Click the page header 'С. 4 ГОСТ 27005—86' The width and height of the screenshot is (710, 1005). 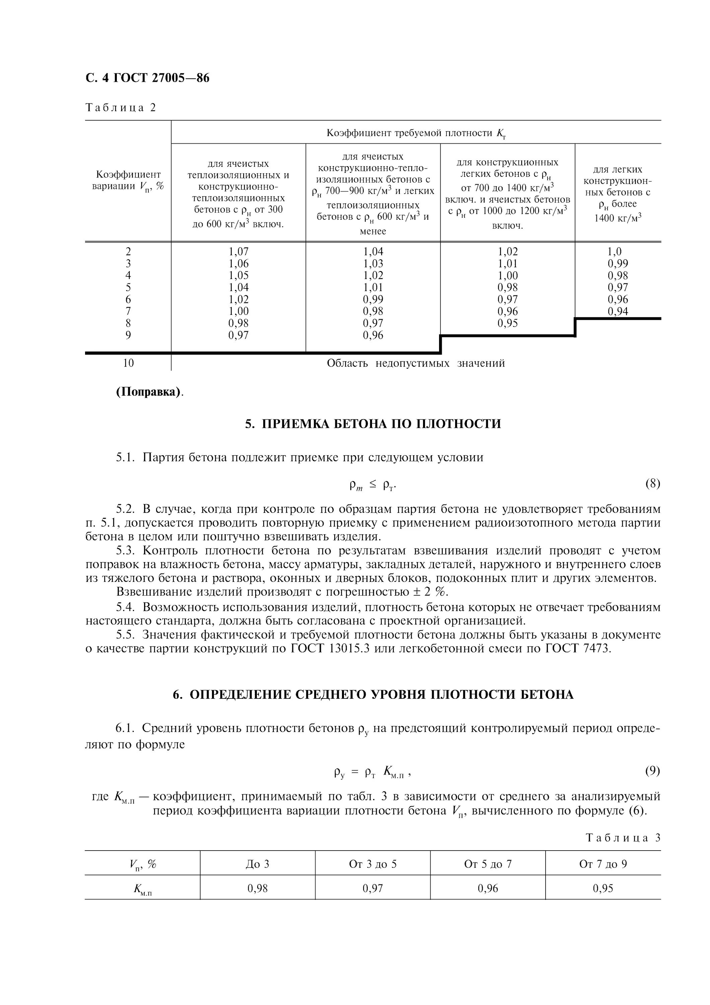(x=147, y=78)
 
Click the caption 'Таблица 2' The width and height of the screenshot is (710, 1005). (x=121, y=108)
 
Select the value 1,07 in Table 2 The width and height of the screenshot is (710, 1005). (x=238, y=252)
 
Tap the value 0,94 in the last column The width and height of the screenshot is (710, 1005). (x=618, y=311)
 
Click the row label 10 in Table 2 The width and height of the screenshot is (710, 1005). (x=128, y=363)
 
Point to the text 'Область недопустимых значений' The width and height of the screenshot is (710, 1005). (x=416, y=363)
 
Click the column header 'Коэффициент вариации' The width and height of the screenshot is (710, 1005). (x=128, y=180)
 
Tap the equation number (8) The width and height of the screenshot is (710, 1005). (x=652, y=484)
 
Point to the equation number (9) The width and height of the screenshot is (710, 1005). (x=652, y=771)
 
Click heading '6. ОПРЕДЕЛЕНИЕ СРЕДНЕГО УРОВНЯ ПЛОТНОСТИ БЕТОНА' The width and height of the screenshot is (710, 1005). (x=373, y=695)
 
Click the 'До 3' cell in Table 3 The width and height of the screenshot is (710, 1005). (x=258, y=864)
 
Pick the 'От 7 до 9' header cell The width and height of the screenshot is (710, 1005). (x=603, y=864)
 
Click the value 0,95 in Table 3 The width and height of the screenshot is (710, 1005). (x=603, y=888)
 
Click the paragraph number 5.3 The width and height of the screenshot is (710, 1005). (x=126, y=551)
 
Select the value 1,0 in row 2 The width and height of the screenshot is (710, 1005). (x=614, y=252)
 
